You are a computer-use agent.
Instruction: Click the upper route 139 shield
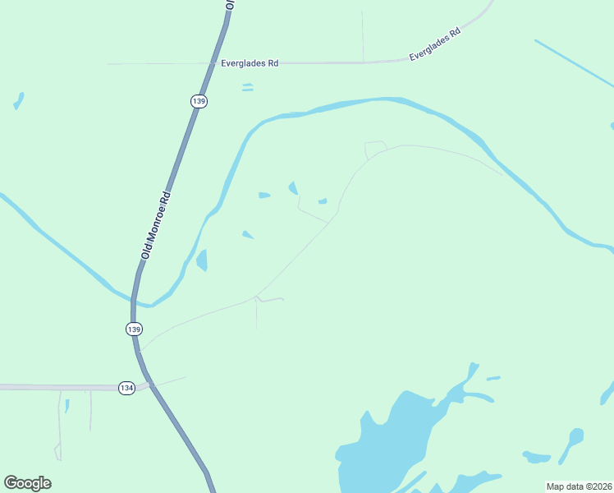198,101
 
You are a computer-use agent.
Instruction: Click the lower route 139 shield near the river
134,329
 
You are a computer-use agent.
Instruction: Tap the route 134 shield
126,388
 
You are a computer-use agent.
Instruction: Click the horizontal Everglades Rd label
250,63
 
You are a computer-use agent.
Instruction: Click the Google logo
27,483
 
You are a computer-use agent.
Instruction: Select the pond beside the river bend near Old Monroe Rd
201,260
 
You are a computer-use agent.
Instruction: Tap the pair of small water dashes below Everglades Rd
247,87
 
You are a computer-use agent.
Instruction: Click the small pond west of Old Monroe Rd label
17,101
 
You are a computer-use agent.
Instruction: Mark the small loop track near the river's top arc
375,149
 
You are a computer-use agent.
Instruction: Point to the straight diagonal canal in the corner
574,62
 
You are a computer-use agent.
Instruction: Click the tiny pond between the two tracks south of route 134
66,405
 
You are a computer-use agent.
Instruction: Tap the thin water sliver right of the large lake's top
493,379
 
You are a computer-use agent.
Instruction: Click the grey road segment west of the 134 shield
57,387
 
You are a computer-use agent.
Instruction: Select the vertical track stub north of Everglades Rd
363,37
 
